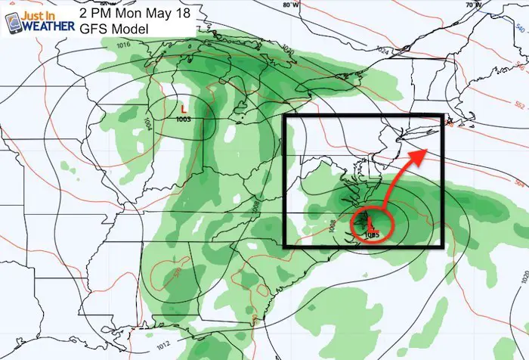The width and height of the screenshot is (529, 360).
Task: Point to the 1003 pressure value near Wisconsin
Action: (183, 119)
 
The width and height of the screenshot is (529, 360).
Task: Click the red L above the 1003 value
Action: (183, 108)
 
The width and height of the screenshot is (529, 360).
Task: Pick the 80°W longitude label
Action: (288, 5)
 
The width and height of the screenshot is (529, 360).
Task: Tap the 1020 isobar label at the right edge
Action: (524, 278)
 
